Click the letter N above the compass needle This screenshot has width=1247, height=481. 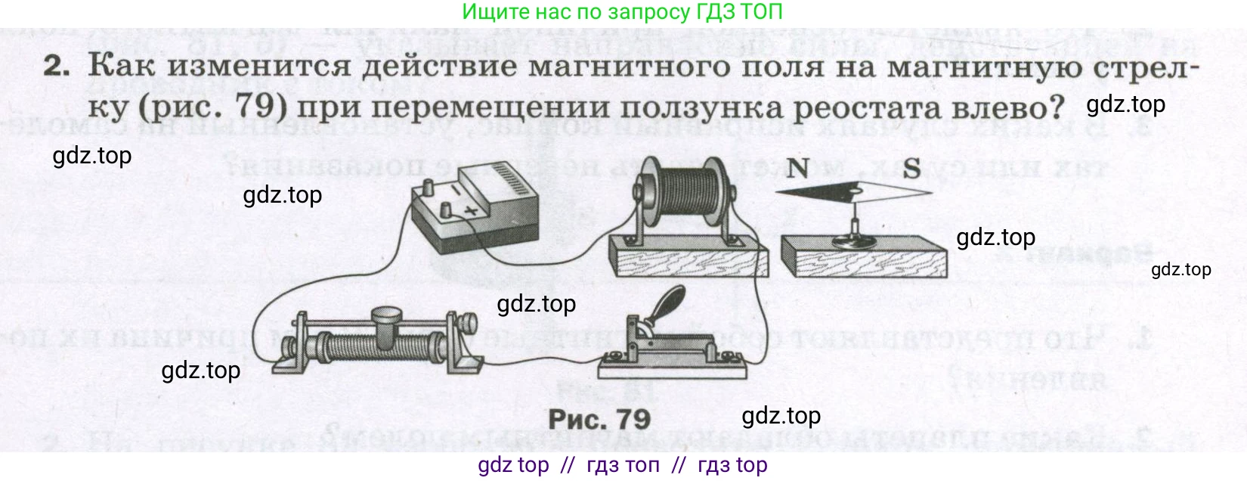pyautogui.click(x=797, y=168)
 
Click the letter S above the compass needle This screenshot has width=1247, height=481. pyautogui.click(x=911, y=168)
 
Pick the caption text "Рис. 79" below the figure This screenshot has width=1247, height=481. pyautogui.click(x=599, y=418)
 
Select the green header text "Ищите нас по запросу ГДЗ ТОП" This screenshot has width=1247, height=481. pyautogui.click(x=622, y=11)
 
